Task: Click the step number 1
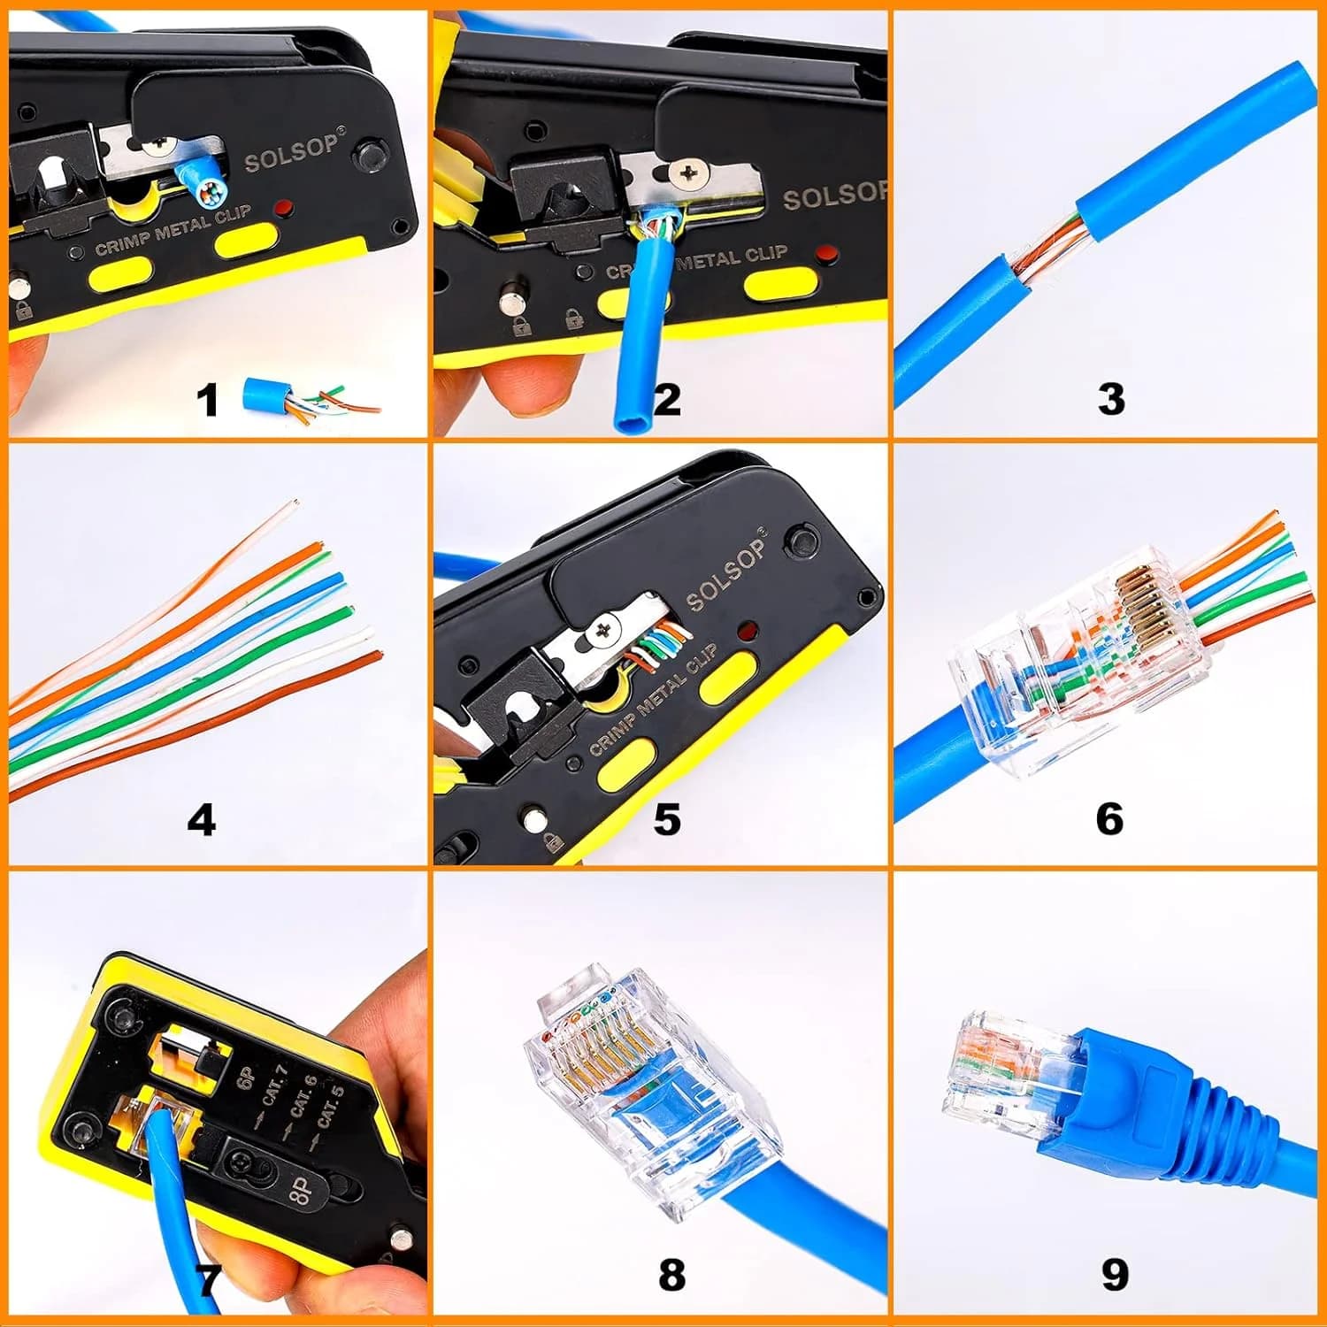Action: [x=207, y=399]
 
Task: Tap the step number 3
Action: [x=1111, y=398]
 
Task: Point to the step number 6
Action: [x=1109, y=818]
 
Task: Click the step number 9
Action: [x=1115, y=1275]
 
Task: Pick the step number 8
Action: [x=671, y=1275]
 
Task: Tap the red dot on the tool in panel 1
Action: [x=284, y=209]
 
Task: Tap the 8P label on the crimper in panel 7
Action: [x=302, y=1193]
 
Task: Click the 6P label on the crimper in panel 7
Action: [x=247, y=1078]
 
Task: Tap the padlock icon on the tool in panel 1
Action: [x=24, y=311]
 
